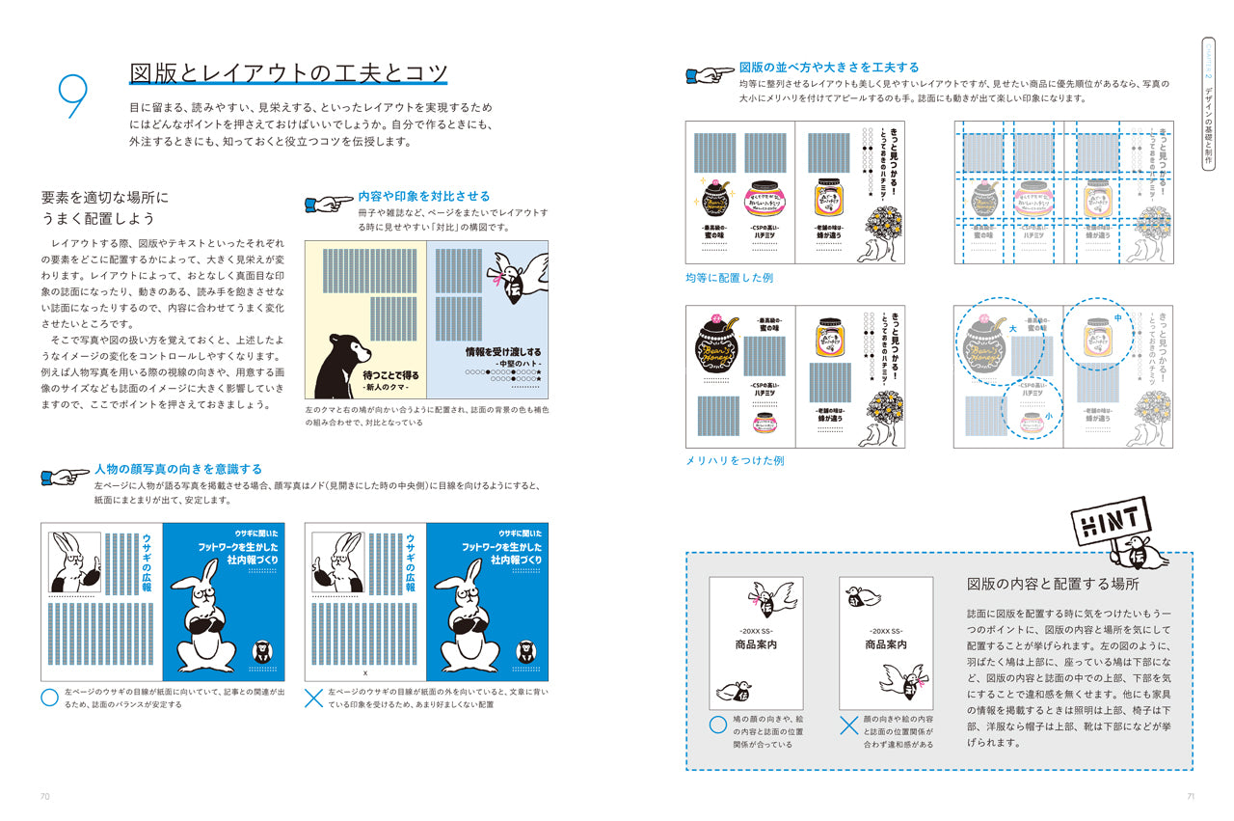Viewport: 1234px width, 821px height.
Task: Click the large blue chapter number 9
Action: pyautogui.click(x=73, y=96)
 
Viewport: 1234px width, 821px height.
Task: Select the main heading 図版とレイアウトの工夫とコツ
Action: pyautogui.click(x=288, y=73)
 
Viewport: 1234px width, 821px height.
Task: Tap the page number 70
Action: pyautogui.click(x=44, y=796)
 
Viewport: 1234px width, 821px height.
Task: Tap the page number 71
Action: pyautogui.click(x=1190, y=796)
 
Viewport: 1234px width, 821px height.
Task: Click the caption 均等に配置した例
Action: pyautogui.click(x=729, y=278)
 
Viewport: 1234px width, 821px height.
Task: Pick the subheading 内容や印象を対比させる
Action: pyautogui.click(x=423, y=196)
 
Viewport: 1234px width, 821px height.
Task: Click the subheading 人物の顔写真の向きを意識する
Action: pyautogui.click(x=178, y=469)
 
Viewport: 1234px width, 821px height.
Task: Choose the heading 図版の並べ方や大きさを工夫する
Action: pyautogui.click(x=828, y=68)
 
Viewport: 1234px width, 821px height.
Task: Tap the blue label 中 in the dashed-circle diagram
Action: pyautogui.click(x=1116, y=317)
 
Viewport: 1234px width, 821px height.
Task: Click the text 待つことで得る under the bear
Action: pyautogui.click(x=390, y=374)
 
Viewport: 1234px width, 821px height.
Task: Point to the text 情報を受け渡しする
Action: pyautogui.click(x=502, y=352)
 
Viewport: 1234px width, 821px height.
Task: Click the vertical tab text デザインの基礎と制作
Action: pyautogui.click(x=1208, y=126)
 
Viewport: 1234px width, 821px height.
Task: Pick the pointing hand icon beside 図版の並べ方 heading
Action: pyautogui.click(x=709, y=73)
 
